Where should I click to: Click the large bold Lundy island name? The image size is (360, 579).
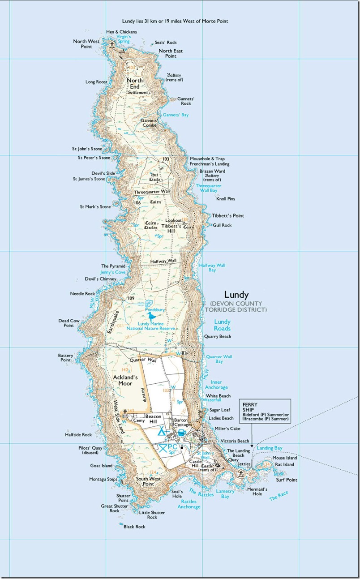click(236, 295)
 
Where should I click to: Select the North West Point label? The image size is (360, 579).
click(86, 43)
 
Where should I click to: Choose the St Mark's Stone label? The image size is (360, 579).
click(95, 207)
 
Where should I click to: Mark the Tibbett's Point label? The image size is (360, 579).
click(228, 216)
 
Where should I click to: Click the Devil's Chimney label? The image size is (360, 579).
click(101, 279)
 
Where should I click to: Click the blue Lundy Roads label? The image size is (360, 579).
click(222, 324)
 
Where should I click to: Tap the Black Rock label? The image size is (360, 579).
click(134, 527)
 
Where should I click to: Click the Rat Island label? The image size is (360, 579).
click(285, 465)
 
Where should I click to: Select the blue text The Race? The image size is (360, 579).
click(279, 496)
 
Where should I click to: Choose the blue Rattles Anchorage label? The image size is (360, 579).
click(189, 504)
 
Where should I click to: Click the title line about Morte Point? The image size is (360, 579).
click(178, 21)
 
